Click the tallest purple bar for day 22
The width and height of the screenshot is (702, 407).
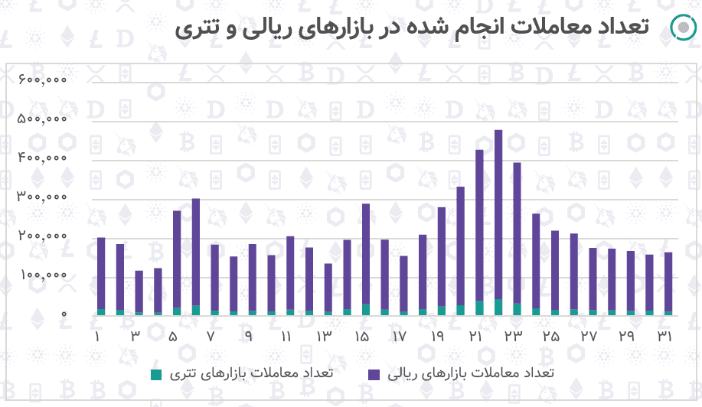pyautogui.click(x=498, y=214)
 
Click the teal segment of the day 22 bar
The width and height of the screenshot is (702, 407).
pyautogui.click(x=498, y=307)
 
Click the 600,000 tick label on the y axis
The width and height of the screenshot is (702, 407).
pyautogui.click(x=42, y=80)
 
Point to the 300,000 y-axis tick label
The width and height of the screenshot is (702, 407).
pyautogui.click(x=42, y=197)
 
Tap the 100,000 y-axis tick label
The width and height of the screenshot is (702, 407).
pyautogui.click(x=42, y=275)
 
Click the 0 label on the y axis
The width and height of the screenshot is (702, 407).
pyautogui.click(x=64, y=314)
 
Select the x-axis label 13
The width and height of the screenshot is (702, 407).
pyautogui.click(x=324, y=337)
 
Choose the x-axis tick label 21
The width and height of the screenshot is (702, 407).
pyautogui.click(x=475, y=337)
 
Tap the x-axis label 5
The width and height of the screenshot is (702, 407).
pyautogui.click(x=173, y=337)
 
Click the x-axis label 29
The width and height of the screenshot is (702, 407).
pyautogui.click(x=627, y=337)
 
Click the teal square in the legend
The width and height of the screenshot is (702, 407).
pyautogui.click(x=156, y=374)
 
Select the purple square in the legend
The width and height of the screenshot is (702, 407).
pyautogui.click(x=374, y=374)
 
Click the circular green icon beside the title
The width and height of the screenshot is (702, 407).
pyautogui.click(x=681, y=27)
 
